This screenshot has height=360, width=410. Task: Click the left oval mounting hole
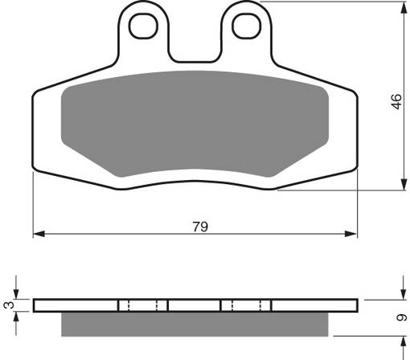pyautogui.click(x=146, y=26)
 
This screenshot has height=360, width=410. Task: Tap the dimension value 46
pyautogui.click(x=394, y=102)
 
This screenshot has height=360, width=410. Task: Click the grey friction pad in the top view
pyautogui.click(x=195, y=129)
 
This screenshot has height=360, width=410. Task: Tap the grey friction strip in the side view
pyautogui.click(x=195, y=325)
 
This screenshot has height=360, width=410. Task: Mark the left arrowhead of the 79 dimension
pyautogui.click(x=37, y=235)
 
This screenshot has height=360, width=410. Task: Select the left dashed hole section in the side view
pyautogui.click(x=143, y=305)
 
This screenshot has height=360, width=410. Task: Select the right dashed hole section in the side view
pyautogui.click(x=245, y=305)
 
